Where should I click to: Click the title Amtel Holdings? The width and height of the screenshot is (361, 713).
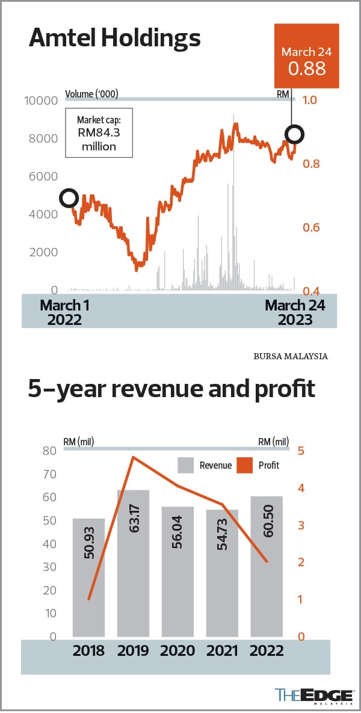point(114,39)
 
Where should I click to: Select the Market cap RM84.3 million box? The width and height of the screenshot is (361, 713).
point(99,133)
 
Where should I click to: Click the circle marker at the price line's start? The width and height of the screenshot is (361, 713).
point(69,197)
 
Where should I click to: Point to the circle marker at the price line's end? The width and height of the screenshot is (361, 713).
point(295,134)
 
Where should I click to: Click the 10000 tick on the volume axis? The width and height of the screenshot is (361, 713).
point(41,100)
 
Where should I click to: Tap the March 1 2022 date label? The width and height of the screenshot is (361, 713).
point(64,312)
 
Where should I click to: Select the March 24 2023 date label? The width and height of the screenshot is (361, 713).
point(295,312)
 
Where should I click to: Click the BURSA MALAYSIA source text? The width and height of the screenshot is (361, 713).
point(291,356)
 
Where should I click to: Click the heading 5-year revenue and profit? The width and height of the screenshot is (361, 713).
point(171,389)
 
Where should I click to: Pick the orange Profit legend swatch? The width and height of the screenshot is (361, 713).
point(245,465)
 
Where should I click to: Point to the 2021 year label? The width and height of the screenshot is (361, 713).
point(222,650)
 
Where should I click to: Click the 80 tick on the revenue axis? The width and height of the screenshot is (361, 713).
point(49,451)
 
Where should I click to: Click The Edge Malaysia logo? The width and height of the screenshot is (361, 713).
point(313,695)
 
